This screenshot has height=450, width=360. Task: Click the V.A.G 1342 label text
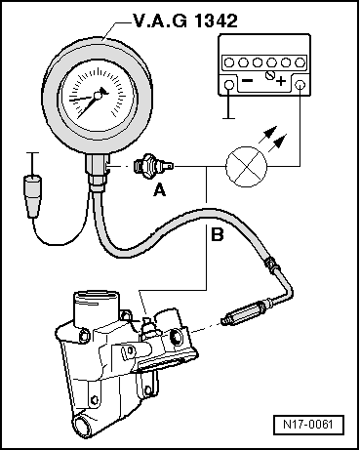click(185, 21)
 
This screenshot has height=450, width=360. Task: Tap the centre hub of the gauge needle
click(97, 96)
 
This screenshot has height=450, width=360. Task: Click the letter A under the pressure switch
click(159, 189)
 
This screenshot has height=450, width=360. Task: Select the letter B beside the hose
click(218, 234)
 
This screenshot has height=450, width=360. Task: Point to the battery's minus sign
click(248, 80)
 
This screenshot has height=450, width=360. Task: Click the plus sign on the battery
click(281, 81)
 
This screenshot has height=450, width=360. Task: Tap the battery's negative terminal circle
click(229, 85)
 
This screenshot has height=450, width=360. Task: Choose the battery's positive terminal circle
click(300, 85)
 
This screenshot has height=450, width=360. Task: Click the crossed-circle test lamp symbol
click(247, 167)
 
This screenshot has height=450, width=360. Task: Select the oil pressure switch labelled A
click(154, 166)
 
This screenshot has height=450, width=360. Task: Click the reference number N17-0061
click(308, 425)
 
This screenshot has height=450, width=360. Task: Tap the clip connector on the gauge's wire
click(32, 196)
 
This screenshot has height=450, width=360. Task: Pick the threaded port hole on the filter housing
click(175, 338)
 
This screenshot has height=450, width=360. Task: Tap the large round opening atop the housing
click(95, 300)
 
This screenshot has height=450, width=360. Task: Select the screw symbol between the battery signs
click(269, 75)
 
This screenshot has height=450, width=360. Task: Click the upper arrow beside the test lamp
click(268, 135)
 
